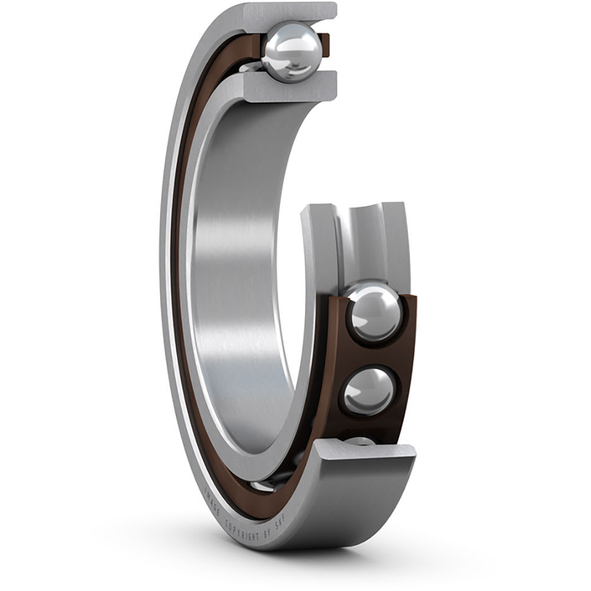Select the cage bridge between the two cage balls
coord(369,353)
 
